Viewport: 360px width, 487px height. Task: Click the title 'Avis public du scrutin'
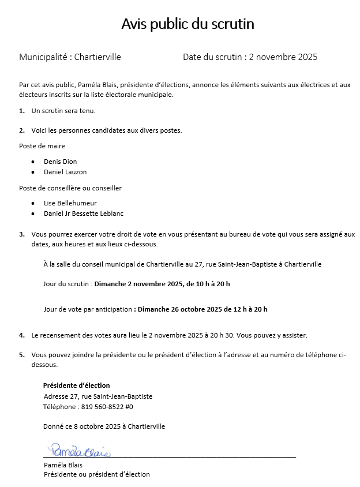(x=187, y=24)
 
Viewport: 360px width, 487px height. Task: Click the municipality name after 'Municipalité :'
(x=98, y=57)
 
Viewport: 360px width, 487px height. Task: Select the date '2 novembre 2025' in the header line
(x=283, y=57)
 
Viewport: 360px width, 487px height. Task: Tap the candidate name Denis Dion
(x=60, y=162)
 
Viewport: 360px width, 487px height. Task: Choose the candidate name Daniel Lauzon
(x=65, y=172)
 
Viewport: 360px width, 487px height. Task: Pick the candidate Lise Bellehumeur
(x=70, y=203)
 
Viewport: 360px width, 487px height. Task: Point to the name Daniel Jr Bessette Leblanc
(x=84, y=213)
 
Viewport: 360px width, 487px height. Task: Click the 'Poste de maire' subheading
(x=42, y=146)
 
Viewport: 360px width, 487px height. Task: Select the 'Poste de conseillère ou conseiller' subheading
(x=70, y=188)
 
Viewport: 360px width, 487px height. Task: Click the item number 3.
(x=21, y=234)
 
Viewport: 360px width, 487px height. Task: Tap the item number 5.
(x=21, y=355)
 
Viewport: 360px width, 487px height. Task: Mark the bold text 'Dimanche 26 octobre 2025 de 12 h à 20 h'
(x=202, y=309)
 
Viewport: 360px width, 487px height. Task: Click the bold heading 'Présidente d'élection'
(x=76, y=385)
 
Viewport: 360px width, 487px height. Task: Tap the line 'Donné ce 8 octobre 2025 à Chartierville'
(x=104, y=426)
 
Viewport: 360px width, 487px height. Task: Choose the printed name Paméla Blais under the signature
(x=63, y=465)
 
